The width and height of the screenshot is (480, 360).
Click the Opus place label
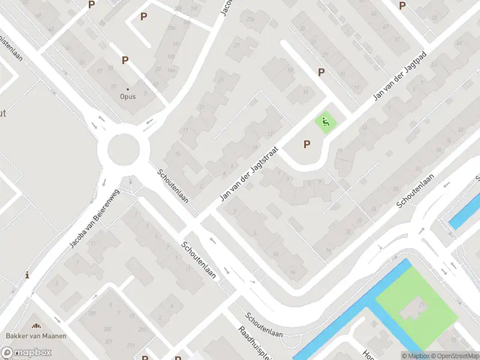point(127,96)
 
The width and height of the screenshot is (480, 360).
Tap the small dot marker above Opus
point(127,89)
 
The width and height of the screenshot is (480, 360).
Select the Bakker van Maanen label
point(36,335)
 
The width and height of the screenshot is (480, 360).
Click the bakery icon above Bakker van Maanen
point(37,326)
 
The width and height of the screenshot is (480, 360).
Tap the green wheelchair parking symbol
point(326,123)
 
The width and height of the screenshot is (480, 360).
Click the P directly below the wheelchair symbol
point(307,144)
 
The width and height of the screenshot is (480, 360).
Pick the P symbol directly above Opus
point(125,60)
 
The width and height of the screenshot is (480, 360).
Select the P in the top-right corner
point(402,6)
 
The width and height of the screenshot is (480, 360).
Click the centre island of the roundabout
point(123,148)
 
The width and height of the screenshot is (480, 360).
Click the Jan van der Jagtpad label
point(399,76)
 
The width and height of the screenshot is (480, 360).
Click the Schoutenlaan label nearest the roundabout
point(173,185)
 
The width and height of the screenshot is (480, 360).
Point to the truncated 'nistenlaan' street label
point(12,44)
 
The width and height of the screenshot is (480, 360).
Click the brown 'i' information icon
point(27,275)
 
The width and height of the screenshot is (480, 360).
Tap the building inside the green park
point(412,308)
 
